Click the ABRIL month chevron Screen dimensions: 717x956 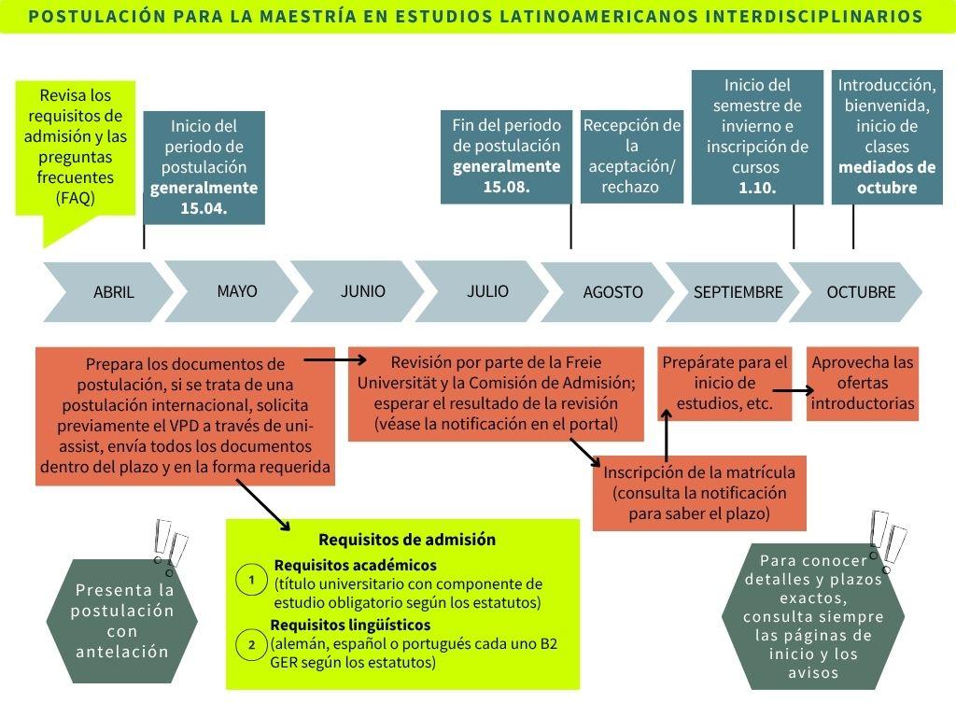113,292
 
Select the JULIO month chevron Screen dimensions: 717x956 487,291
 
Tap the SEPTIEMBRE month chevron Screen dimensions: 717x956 738,292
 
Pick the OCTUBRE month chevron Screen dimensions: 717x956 860,292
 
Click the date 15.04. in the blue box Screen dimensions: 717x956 204,208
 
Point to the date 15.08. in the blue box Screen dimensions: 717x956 506,187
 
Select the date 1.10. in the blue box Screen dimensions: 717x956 757,188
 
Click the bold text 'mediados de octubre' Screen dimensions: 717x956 886,177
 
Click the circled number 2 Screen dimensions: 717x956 251,644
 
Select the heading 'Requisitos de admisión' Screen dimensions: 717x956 406,540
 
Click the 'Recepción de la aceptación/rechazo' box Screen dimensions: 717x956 632,156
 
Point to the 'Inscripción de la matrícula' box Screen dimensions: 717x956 699,493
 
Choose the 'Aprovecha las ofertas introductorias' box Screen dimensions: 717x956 863,383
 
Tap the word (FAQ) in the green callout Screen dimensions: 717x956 76,198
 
